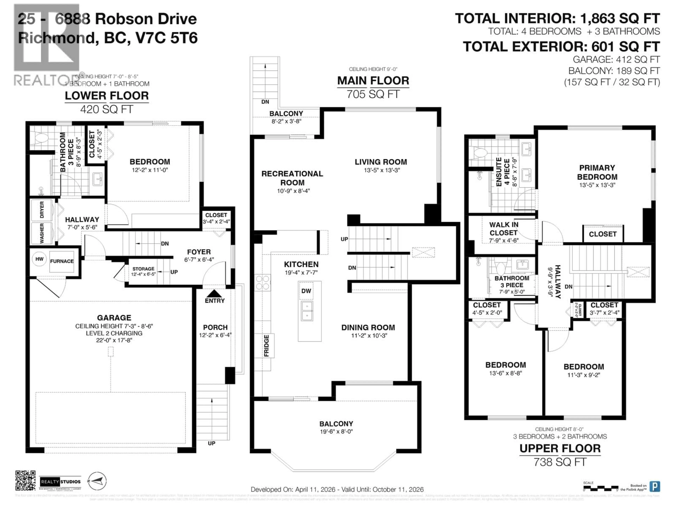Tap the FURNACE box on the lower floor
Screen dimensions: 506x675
62,261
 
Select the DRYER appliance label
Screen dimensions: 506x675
42,210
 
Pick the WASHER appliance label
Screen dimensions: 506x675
42,233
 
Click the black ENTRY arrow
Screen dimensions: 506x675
214,293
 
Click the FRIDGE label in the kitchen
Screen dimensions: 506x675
266,346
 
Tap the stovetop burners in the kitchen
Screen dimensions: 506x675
262,283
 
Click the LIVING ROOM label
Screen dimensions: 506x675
381,162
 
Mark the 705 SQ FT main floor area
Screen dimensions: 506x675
373,94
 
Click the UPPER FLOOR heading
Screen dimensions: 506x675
560,448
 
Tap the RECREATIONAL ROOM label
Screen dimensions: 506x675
292,178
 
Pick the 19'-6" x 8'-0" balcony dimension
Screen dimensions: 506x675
336,432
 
